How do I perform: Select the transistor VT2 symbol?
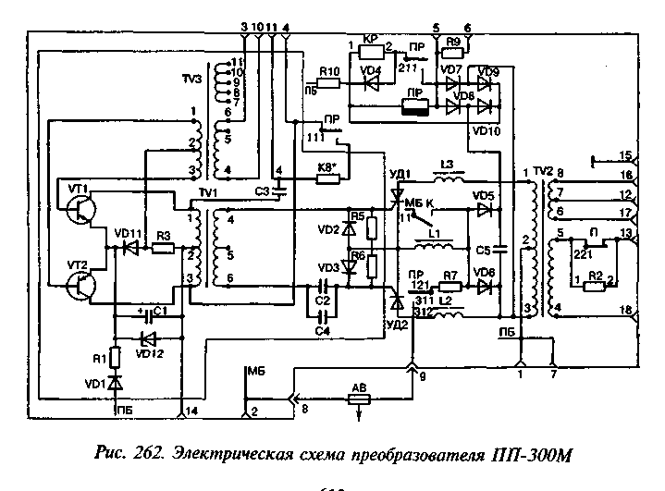pyautogui.click(x=80, y=287)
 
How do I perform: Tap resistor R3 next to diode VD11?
pyautogui.click(x=164, y=249)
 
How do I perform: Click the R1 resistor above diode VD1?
pyautogui.click(x=116, y=357)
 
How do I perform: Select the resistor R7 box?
pyautogui.click(x=450, y=287)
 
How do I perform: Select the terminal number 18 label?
pyautogui.click(x=625, y=311)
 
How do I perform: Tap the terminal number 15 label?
pyautogui.click(x=625, y=155)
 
